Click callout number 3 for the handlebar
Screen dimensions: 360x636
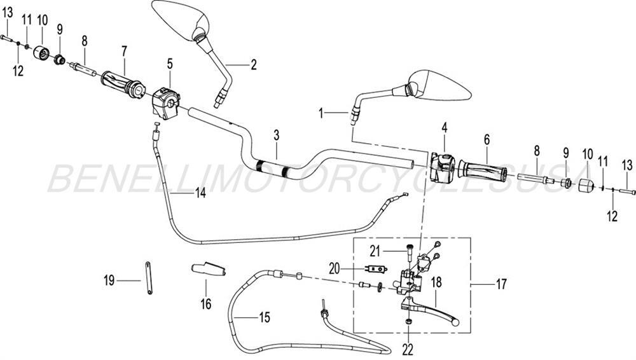(x=277, y=135)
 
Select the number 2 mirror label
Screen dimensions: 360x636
(x=252, y=64)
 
